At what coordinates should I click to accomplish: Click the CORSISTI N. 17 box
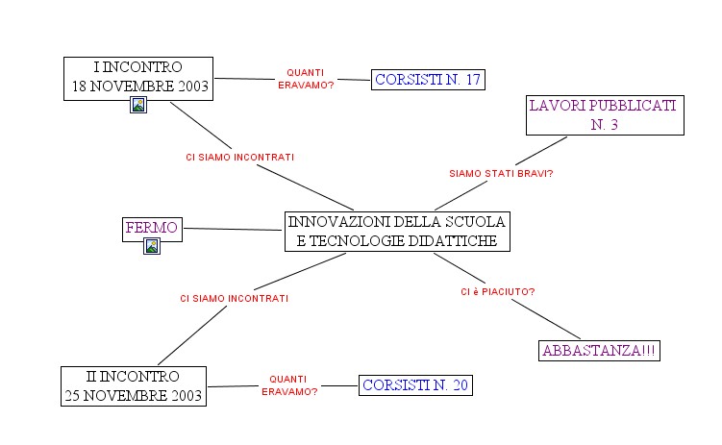tap(427, 80)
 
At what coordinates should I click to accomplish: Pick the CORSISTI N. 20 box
tap(415, 385)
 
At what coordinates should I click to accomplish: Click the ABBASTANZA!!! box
tap(599, 351)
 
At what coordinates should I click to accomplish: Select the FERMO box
tap(151, 228)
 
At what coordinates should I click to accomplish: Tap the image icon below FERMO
tap(151, 247)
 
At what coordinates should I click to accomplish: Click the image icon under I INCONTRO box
tap(138, 106)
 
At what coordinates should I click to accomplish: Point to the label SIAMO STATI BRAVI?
tap(501, 174)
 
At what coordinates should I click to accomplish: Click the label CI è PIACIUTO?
tap(497, 291)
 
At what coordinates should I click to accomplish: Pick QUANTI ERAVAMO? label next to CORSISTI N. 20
tap(289, 385)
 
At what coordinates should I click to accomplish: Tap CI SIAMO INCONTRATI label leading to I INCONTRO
tap(239, 157)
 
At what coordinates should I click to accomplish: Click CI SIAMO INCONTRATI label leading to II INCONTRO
tap(234, 298)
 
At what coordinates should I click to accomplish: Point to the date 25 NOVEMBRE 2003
tap(133, 395)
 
